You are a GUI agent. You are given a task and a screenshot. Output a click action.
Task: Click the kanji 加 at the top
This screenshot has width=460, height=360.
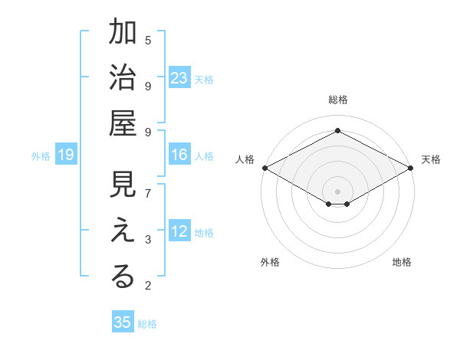[x=123, y=34]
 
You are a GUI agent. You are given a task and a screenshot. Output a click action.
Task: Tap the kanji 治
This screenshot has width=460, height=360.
[x=123, y=78]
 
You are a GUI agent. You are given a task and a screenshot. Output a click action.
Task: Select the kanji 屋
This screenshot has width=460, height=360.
[x=123, y=123]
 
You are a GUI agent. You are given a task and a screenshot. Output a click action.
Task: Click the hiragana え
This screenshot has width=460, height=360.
[x=123, y=232]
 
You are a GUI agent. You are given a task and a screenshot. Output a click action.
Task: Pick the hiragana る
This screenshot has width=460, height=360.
[x=123, y=277]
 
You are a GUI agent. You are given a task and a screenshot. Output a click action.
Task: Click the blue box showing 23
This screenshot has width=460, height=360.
[x=179, y=78]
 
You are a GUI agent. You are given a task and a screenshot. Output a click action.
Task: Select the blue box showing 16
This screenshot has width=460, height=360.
[x=179, y=155]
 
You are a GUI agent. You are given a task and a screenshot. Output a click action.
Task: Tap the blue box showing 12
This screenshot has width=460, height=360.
[x=179, y=232]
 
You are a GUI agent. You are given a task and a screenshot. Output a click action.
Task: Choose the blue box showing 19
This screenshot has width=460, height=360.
[x=66, y=155]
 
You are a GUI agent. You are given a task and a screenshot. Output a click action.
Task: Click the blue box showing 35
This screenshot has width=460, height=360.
[x=123, y=322]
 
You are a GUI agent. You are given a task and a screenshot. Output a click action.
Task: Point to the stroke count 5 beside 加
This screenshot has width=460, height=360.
[x=148, y=40]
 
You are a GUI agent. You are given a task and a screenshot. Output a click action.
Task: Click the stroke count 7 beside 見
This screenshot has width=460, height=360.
[x=148, y=193]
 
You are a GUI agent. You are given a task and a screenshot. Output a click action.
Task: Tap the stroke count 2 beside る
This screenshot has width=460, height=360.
[x=148, y=286]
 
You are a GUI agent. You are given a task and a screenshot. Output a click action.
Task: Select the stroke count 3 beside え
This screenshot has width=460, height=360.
[x=148, y=241]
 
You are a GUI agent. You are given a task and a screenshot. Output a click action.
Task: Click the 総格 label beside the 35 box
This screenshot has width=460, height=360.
[x=147, y=324]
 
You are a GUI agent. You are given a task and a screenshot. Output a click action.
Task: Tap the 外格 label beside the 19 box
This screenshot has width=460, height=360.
[x=41, y=156]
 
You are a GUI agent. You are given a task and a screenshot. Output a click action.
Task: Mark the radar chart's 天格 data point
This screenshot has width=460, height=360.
[x=411, y=168]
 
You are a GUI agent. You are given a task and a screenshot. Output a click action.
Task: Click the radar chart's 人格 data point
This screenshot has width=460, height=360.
[x=264, y=168]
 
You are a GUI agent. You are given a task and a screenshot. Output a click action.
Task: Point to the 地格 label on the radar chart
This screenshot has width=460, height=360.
[x=402, y=262]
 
